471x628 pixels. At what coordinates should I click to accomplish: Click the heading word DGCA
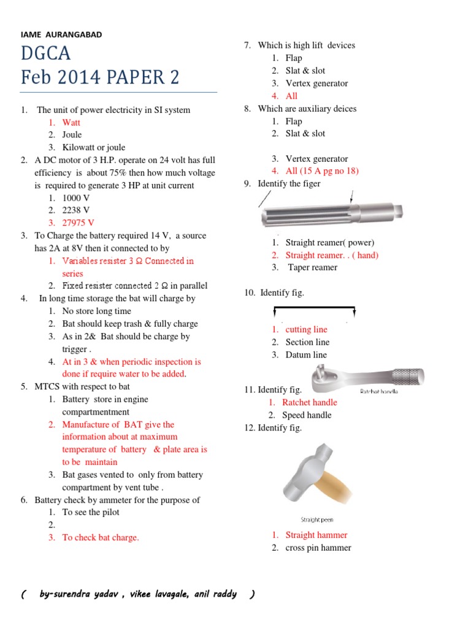(x=46, y=54)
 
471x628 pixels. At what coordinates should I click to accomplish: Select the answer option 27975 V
(x=78, y=223)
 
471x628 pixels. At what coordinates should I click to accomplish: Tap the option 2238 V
(x=76, y=210)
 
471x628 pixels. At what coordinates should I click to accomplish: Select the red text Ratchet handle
(x=309, y=402)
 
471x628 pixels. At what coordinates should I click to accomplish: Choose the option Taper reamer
(x=312, y=267)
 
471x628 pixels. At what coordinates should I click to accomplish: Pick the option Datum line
(x=306, y=354)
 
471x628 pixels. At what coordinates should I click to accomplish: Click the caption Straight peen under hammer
(x=317, y=519)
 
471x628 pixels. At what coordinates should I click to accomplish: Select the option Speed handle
(x=307, y=415)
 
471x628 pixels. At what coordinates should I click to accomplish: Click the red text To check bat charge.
(x=101, y=537)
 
